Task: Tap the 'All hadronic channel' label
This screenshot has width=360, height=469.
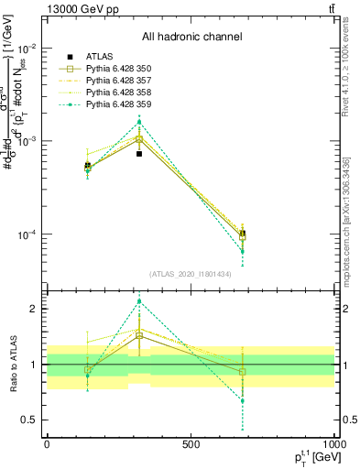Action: click(191, 38)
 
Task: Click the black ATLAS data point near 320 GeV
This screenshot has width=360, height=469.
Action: click(139, 154)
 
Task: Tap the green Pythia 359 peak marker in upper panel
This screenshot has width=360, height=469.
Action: click(139, 122)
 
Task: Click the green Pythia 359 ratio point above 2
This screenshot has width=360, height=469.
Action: click(139, 301)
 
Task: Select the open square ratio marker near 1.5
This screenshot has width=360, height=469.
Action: click(139, 336)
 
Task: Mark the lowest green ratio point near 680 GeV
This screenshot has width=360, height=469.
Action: click(243, 400)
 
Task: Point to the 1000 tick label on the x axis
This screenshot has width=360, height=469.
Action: click(332, 443)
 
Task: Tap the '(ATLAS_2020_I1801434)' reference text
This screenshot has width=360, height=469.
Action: click(191, 274)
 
